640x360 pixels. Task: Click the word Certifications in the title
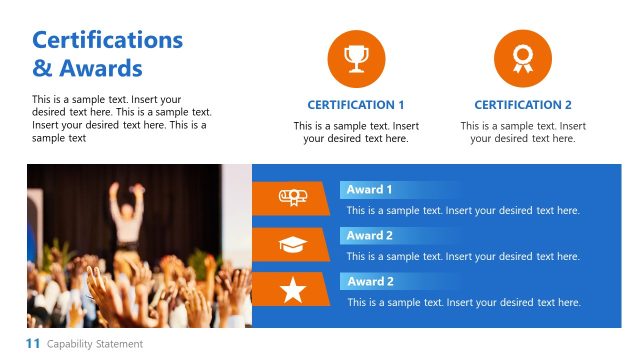107,40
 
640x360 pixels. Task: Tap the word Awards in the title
98,69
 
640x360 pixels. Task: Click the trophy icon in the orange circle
356,59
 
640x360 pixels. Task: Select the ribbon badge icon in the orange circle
523,59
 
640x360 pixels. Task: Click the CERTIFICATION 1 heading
356,105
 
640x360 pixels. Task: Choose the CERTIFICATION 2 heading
523,105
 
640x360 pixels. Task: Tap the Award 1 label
370,189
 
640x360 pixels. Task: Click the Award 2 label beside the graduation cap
370,235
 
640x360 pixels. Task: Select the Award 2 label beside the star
370,281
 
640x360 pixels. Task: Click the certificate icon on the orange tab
292,198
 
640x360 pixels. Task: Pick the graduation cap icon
292,244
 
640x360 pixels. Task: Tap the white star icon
292,290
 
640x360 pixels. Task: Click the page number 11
32,344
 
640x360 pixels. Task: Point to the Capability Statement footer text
95,344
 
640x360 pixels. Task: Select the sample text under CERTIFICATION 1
356,132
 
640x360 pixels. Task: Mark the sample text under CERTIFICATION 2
523,132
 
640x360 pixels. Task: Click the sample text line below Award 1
463,210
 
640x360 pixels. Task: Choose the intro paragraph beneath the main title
121,119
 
